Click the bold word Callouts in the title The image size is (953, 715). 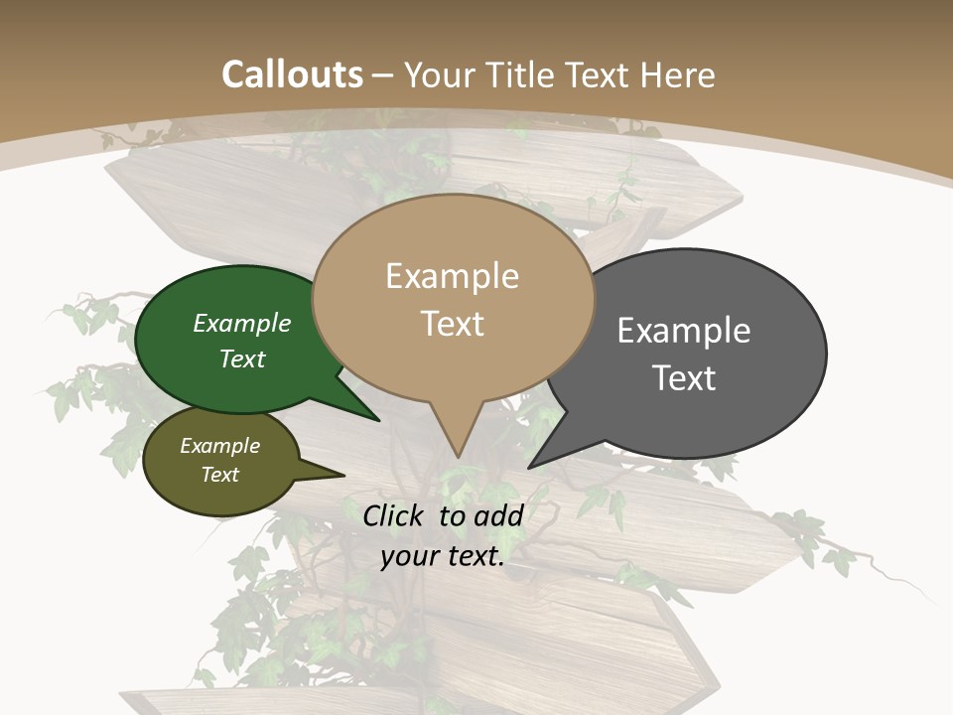(x=292, y=74)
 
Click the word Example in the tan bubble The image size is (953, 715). (x=452, y=276)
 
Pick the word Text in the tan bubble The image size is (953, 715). (x=452, y=324)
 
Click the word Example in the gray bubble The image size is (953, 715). (x=684, y=331)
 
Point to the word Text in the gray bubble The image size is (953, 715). (x=684, y=378)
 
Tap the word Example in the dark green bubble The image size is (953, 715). (x=241, y=324)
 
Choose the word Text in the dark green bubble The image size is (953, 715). (x=241, y=358)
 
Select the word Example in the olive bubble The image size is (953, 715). (x=219, y=446)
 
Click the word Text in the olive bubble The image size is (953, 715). (x=219, y=475)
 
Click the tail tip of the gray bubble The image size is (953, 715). (x=530, y=466)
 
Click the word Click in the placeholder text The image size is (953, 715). (x=396, y=515)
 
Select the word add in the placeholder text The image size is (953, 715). (x=497, y=515)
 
